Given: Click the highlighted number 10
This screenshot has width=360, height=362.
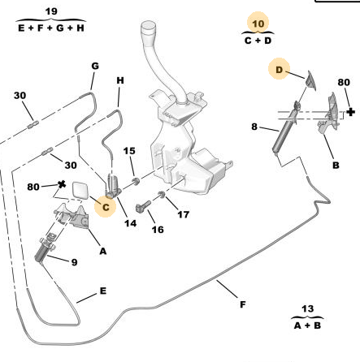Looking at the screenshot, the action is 258,24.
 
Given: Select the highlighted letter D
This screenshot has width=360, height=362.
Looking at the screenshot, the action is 279,70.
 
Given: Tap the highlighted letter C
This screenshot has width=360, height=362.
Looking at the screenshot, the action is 106,207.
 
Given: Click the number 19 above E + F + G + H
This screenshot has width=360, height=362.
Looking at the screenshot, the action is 51,11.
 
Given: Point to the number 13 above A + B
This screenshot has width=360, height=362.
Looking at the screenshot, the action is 307,308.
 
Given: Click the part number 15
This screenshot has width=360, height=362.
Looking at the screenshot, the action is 129,151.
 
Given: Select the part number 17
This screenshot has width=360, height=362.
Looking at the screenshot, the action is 183,214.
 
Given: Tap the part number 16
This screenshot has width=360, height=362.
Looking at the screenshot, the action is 158,230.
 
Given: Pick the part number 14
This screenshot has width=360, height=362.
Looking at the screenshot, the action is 130,223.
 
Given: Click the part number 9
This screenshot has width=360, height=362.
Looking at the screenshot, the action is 74,262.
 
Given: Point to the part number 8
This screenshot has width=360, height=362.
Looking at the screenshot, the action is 254,127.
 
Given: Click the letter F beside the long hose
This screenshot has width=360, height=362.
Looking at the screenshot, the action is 243,304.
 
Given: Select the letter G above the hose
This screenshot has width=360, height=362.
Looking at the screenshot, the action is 95,66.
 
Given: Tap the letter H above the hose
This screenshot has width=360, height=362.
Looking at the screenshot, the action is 120,80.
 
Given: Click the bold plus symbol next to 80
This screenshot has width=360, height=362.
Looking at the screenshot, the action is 350,112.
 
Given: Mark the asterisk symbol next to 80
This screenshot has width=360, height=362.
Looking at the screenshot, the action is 62,185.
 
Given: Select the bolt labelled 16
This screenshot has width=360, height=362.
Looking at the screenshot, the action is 142,206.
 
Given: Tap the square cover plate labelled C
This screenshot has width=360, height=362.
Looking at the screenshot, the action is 80,191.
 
